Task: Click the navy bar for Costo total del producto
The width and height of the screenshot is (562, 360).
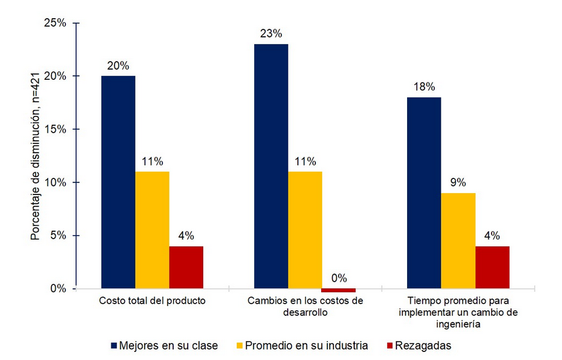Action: (118, 182)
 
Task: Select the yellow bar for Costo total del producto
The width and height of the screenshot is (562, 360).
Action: (152, 230)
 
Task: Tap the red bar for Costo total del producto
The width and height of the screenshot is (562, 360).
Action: (186, 267)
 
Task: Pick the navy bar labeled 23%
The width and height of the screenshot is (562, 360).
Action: (271, 166)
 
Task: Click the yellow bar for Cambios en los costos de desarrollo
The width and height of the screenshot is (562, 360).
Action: (305, 230)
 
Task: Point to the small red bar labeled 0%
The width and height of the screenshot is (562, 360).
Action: (339, 290)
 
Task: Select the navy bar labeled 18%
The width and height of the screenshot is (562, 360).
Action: (424, 192)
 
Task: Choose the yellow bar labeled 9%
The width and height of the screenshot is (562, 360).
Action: (458, 241)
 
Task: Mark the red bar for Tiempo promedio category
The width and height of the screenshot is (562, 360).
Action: (492, 267)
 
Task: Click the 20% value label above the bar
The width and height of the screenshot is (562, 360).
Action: (118, 66)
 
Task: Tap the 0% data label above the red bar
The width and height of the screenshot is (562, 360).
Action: (339, 278)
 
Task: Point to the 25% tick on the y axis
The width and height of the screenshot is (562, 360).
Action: (56, 23)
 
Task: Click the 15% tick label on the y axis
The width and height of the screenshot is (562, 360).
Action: (56, 129)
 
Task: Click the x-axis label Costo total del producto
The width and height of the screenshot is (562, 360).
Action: (152, 301)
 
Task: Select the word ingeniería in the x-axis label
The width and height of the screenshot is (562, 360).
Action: (457, 324)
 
